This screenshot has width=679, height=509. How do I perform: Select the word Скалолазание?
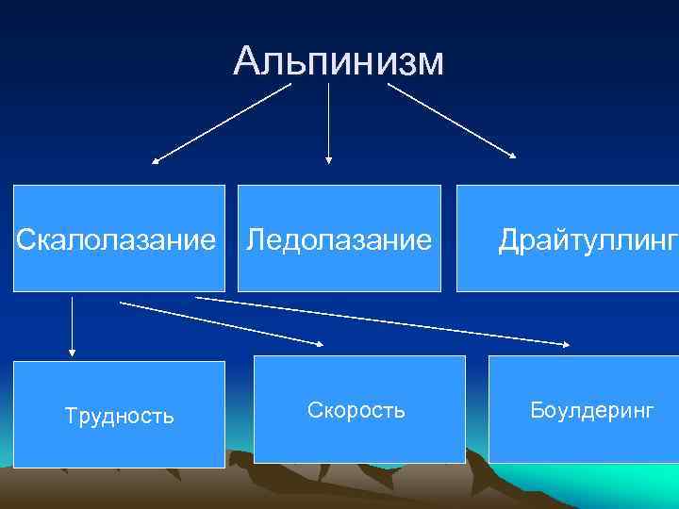point(115,239)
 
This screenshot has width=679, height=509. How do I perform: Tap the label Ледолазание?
point(339,239)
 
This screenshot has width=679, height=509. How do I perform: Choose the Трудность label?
point(119,416)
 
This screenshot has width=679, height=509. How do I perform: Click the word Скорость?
point(356,410)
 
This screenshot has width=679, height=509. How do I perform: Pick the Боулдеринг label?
point(591,410)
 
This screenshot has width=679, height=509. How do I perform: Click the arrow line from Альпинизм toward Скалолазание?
point(223,123)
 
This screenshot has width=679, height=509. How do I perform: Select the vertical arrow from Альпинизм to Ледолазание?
point(328,123)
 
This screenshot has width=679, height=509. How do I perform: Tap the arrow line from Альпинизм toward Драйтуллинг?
point(451,120)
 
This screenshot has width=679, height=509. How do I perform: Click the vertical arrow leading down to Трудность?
point(72,325)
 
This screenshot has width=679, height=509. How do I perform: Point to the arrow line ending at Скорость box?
point(222,323)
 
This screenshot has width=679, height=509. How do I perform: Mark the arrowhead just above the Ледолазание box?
point(328,160)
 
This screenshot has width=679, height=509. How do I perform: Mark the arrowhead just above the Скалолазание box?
point(157,161)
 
